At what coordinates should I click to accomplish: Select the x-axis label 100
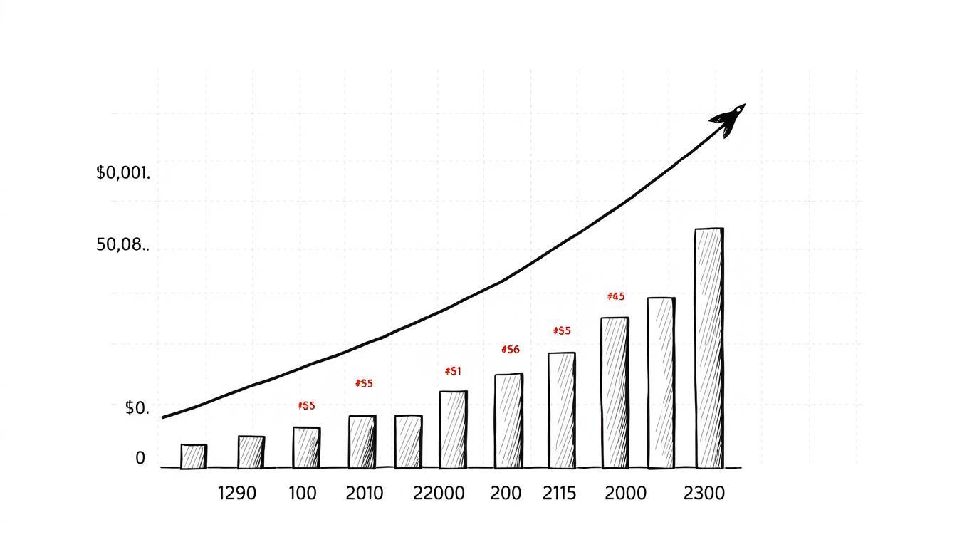point(303,493)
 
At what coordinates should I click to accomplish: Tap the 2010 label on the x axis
point(364,493)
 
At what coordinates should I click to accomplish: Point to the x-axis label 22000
point(439,493)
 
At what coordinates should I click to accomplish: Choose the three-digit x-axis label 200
point(506,493)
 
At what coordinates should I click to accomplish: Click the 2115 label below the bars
point(559,493)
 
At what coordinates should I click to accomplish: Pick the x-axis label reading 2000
point(625,493)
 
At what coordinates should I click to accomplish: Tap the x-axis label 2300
point(704,493)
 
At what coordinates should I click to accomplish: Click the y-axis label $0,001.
point(122,173)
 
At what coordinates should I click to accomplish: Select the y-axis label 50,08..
point(122,246)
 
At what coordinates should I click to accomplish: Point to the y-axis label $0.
point(137,408)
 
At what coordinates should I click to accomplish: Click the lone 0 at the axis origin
point(140,459)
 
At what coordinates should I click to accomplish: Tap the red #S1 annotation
point(453,371)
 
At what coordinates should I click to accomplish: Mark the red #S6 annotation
point(511,350)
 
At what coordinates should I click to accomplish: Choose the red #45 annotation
point(616,296)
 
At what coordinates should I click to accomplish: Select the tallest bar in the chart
point(709,348)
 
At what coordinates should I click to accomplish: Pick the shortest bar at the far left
point(194,457)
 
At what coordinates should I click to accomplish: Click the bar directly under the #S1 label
point(454,429)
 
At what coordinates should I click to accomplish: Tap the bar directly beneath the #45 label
point(615,392)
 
